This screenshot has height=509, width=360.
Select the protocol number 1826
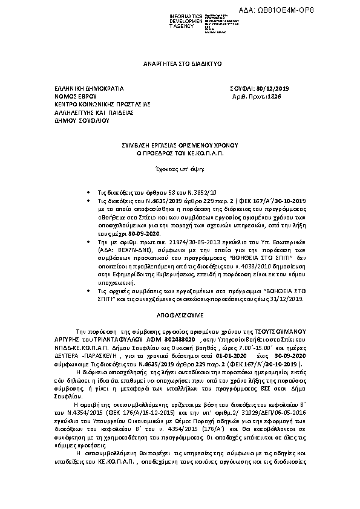coord(275,96)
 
